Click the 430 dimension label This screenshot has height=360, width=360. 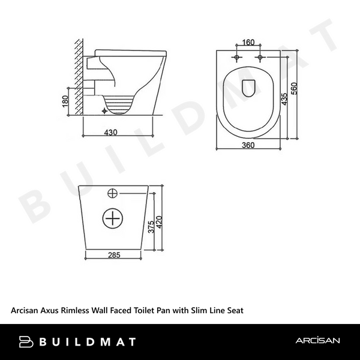point(110,131)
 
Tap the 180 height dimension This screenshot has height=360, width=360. point(65,100)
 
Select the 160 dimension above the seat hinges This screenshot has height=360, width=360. point(248,43)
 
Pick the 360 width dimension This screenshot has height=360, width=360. point(248,145)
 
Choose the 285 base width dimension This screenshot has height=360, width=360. point(114,255)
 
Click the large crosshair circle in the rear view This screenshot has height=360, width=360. point(113,218)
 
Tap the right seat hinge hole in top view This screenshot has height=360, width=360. point(260,58)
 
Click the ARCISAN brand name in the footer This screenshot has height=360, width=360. point(317,341)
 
